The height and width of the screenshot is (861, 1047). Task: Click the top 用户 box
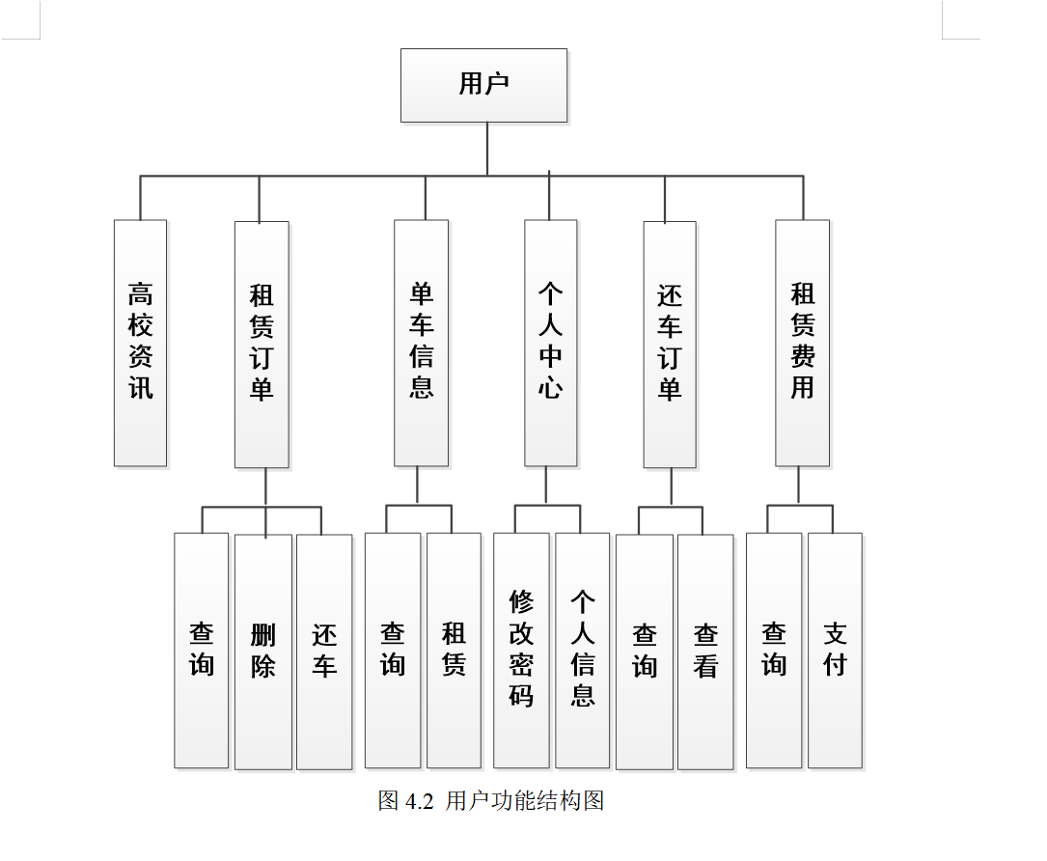[x=483, y=85]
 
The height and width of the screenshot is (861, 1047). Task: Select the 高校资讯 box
[x=140, y=343]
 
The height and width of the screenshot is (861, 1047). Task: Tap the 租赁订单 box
[x=262, y=344]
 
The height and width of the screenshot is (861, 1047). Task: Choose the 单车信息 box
[x=421, y=343]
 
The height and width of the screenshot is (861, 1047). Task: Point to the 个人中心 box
[x=550, y=343]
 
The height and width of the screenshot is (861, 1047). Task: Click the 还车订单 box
[x=670, y=344]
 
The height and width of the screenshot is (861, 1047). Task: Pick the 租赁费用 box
[x=802, y=343]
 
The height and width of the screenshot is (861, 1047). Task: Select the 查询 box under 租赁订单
[x=202, y=650]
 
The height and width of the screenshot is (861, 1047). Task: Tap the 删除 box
[x=262, y=651]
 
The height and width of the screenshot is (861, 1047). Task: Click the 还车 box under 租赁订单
[x=324, y=651]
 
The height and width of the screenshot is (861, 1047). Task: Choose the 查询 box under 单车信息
[x=393, y=650]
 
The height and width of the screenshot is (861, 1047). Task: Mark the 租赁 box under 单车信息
[x=454, y=650]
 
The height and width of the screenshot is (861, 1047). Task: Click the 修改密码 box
[x=521, y=650]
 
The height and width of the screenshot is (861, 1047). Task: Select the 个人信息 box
[x=582, y=650]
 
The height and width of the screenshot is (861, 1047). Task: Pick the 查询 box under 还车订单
[x=645, y=651]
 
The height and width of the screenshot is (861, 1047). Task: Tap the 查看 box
[x=705, y=651]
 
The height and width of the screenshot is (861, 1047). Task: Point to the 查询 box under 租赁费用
[x=774, y=650]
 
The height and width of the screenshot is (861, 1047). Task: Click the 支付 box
[x=835, y=650]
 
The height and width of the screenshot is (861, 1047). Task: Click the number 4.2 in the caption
[x=420, y=801]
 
